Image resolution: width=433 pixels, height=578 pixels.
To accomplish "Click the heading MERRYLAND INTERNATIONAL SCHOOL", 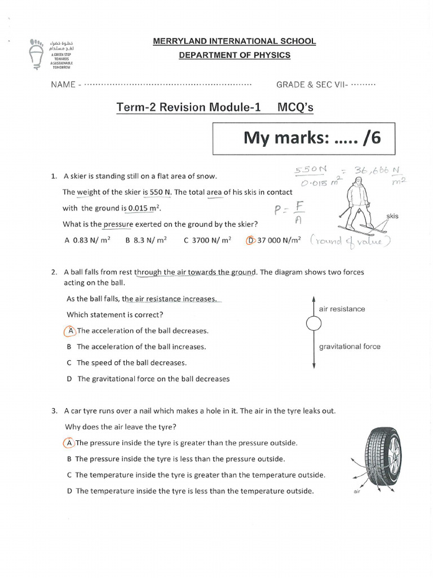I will tap(235, 41).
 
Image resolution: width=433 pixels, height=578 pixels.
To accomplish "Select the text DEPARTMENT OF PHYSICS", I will tap(235, 55).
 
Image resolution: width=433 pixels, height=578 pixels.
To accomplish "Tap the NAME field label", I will tap(63, 85).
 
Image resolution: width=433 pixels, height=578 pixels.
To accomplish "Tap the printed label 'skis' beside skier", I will tap(392, 216).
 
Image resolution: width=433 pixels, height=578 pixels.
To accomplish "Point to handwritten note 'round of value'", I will tap(350, 242).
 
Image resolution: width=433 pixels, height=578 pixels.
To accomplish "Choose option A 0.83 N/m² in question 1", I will tap(87, 240).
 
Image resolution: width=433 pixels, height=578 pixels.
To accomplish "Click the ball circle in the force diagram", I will tap(313, 323).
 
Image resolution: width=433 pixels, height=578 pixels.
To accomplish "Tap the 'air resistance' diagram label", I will tap(342, 309).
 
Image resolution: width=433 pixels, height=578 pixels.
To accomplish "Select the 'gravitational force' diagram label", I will tap(350, 347).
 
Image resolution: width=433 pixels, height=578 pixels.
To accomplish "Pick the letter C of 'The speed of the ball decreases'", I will tap(69, 363).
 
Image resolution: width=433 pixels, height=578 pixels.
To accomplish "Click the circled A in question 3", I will tap(68, 443).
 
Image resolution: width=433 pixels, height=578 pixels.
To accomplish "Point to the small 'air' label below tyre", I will tap(356, 492).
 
